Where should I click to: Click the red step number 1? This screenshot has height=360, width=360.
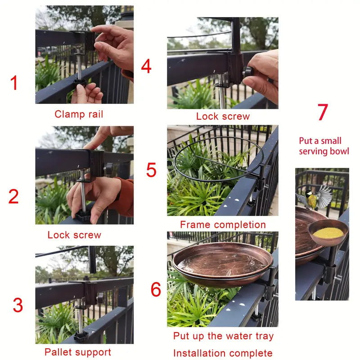[x=14, y=83]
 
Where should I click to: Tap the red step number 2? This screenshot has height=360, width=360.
[x=13, y=196]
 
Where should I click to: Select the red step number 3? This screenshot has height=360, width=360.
[x=18, y=305]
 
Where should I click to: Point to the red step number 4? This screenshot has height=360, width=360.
[x=146, y=66]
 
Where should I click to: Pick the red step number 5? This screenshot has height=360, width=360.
[x=151, y=170]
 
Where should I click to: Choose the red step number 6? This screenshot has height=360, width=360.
[x=156, y=289]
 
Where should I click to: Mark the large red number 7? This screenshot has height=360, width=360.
[x=323, y=112]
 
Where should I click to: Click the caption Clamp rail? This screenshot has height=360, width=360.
[x=79, y=114]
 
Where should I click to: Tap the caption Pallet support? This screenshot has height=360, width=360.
[x=78, y=352]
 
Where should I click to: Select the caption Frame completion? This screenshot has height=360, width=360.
[x=223, y=225]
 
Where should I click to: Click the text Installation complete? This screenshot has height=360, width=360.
[x=223, y=353]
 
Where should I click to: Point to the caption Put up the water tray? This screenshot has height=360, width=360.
[x=223, y=336]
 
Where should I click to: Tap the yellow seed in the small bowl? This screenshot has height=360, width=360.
[x=328, y=233]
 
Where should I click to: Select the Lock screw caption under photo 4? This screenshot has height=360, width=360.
[x=223, y=116]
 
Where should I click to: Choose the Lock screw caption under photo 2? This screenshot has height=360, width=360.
[x=74, y=235]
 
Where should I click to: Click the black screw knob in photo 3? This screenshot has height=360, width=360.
[x=81, y=337]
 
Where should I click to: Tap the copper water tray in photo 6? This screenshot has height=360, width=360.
[x=223, y=264]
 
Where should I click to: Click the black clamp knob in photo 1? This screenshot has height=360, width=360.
[x=80, y=82]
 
